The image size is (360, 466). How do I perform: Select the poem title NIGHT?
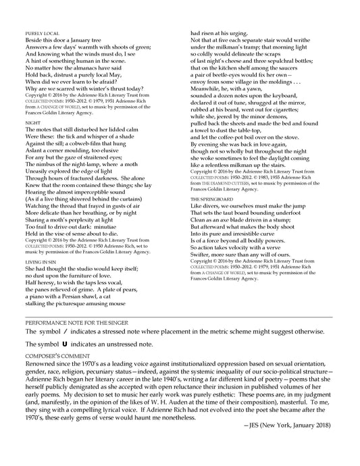pyautogui.click(x=30, y=124)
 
